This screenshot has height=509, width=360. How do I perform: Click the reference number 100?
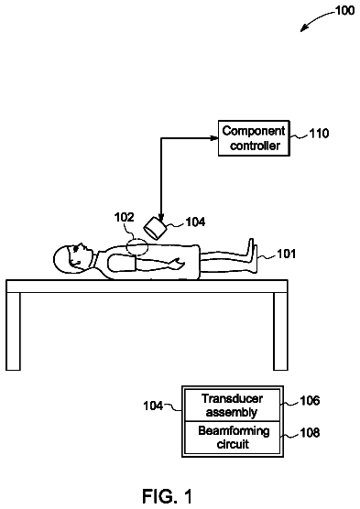[344, 10]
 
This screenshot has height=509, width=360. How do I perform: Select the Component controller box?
[254, 138]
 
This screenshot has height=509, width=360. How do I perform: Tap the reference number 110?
[319, 133]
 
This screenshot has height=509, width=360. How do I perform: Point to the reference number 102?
[124, 217]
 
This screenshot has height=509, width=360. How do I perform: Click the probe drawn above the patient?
[155, 229]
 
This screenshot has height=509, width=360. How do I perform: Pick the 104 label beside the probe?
[195, 222]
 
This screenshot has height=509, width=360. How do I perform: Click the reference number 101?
[286, 254]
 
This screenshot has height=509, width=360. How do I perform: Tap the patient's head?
[71, 259]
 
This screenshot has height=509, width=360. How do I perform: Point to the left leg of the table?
[14, 331]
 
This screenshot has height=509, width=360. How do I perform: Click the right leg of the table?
[280, 331]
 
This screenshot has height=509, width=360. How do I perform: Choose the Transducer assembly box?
[233, 406]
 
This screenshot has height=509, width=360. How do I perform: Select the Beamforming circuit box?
[233, 438]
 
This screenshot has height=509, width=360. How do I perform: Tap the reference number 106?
[310, 401]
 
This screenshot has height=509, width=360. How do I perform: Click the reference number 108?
[310, 432]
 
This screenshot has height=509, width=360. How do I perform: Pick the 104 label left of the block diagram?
[153, 406]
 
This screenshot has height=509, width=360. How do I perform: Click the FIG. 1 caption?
[168, 496]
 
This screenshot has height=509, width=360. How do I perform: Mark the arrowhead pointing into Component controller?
[214, 138]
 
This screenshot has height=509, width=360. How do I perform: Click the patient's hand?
[177, 263]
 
